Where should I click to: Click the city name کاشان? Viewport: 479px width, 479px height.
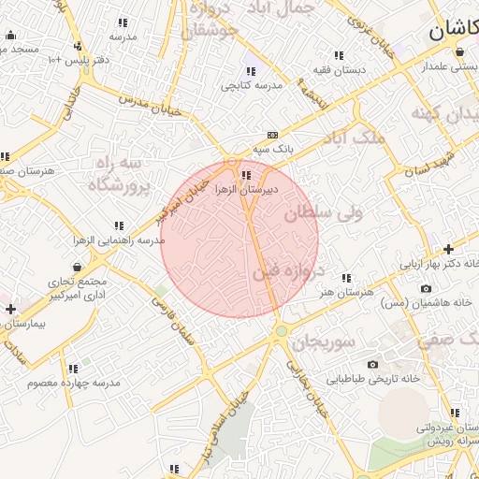click(x=455, y=30)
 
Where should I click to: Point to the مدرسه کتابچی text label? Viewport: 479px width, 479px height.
click(x=252, y=85)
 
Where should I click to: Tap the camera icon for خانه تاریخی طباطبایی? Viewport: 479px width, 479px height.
click(x=372, y=364)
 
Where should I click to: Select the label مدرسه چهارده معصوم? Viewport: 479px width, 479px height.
click(x=74, y=384)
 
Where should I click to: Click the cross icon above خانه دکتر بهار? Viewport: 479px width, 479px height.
click(x=448, y=249)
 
